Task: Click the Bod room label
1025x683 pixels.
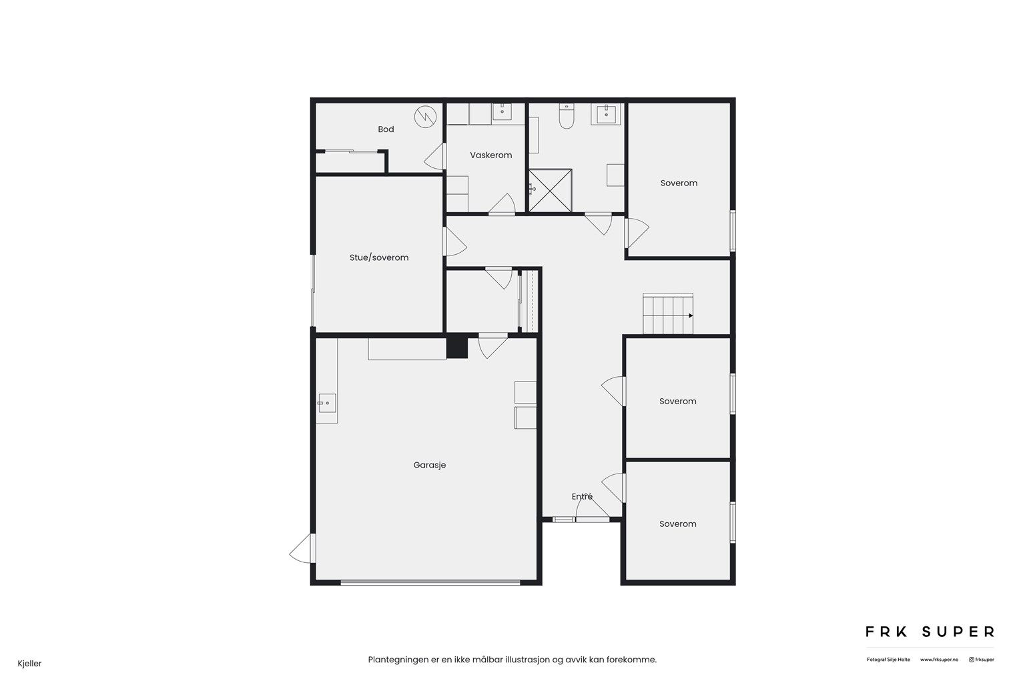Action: (x=386, y=129)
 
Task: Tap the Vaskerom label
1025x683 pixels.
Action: (x=491, y=155)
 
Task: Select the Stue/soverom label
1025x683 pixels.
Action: (x=379, y=257)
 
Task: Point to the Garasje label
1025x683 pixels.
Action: (x=429, y=466)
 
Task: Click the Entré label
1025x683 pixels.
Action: (x=582, y=496)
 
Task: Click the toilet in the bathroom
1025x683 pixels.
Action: (x=567, y=116)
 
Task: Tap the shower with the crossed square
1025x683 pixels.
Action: (x=551, y=190)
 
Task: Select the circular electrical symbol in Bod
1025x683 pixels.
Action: (x=425, y=117)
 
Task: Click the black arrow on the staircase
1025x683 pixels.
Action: (x=691, y=315)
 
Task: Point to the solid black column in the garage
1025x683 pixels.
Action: (x=456, y=348)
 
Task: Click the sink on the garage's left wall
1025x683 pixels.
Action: (x=327, y=403)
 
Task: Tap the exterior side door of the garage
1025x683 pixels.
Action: (x=303, y=548)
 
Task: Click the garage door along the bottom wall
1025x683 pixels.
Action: (x=430, y=582)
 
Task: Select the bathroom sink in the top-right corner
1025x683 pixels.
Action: (x=606, y=114)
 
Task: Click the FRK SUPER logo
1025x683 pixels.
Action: (x=930, y=632)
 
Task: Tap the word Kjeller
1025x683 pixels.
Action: (x=30, y=664)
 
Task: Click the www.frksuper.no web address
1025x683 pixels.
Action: (x=939, y=660)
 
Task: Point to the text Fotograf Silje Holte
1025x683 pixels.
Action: (x=888, y=660)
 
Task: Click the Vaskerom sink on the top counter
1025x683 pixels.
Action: (x=502, y=111)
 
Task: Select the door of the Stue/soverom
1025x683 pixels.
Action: (x=455, y=242)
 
